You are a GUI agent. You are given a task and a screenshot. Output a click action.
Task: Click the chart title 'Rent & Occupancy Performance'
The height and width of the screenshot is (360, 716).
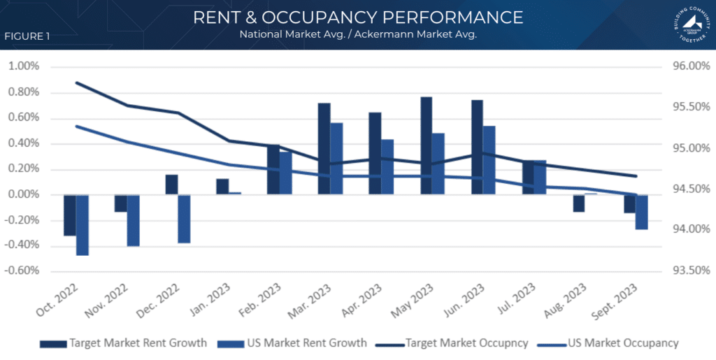tap(358, 17)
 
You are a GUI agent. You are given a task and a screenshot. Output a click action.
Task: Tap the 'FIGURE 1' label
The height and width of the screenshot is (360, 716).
tap(27, 36)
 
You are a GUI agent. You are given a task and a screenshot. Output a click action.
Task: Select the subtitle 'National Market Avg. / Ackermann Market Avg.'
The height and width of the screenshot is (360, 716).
tap(358, 35)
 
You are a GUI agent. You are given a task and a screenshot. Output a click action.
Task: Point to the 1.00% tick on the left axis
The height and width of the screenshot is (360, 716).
tap(24, 66)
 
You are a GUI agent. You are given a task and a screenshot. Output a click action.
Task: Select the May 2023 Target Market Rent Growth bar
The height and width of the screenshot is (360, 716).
tap(427, 145)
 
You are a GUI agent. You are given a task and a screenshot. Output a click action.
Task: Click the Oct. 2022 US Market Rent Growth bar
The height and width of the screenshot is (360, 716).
tap(82, 225)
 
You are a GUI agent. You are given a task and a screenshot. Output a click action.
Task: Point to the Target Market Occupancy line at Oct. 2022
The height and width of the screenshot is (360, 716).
tap(76, 82)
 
